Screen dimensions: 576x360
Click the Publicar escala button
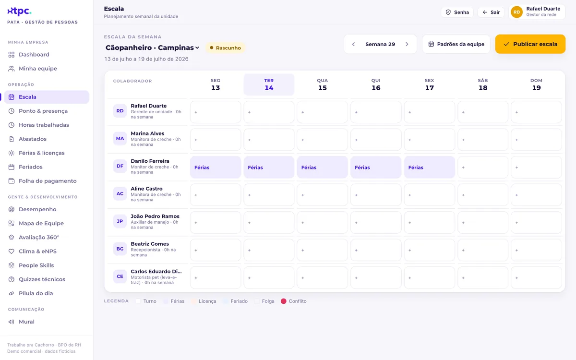530,44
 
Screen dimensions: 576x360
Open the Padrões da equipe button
456,44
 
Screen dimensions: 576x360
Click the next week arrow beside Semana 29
407,44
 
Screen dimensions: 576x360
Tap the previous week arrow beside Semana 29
353,44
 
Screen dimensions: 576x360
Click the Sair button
491,12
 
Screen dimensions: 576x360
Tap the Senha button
457,12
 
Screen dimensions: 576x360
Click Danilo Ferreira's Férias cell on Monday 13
216,168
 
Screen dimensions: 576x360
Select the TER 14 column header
269,84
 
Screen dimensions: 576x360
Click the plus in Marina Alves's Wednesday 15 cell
303,140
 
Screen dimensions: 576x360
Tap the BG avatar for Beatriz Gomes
120,249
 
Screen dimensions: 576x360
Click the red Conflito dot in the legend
283,301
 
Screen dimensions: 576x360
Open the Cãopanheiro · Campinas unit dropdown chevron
197,48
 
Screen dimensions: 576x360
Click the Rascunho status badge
225,48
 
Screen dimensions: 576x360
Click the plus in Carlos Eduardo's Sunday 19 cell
516,278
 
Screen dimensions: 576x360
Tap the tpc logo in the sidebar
19,11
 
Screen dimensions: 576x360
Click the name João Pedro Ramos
155,216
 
